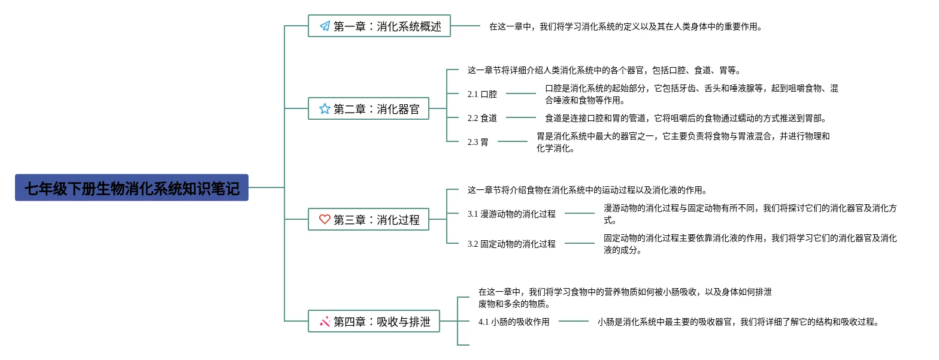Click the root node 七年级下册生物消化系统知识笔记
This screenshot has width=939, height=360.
pos(132,187)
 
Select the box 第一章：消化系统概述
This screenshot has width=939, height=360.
pos(380,26)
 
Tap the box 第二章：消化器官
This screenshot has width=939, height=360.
pos(368,108)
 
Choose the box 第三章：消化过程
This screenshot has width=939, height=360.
pos(368,219)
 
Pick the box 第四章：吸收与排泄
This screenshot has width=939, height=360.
pos(374,321)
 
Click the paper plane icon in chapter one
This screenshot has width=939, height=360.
pos(325,26)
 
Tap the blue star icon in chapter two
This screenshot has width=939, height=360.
pos(325,109)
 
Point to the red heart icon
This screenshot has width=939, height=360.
pos(325,219)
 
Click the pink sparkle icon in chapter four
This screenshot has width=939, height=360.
pos(325,322)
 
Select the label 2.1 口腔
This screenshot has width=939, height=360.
pos(482,94)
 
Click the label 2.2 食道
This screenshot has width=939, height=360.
pos(482,118)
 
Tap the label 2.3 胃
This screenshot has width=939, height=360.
pos(478,142)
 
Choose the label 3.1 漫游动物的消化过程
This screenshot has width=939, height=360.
pos(511,214)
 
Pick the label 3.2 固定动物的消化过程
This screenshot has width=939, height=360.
pos(511,244)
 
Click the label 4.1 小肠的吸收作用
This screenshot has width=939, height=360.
pos(514,322)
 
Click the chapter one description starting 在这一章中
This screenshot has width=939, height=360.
pos(626,26)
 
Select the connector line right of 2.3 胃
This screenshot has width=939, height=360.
pos(512,141)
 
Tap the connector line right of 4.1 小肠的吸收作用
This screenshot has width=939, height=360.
pos(574,322)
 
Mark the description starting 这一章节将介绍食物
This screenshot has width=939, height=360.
pos(587,190)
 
